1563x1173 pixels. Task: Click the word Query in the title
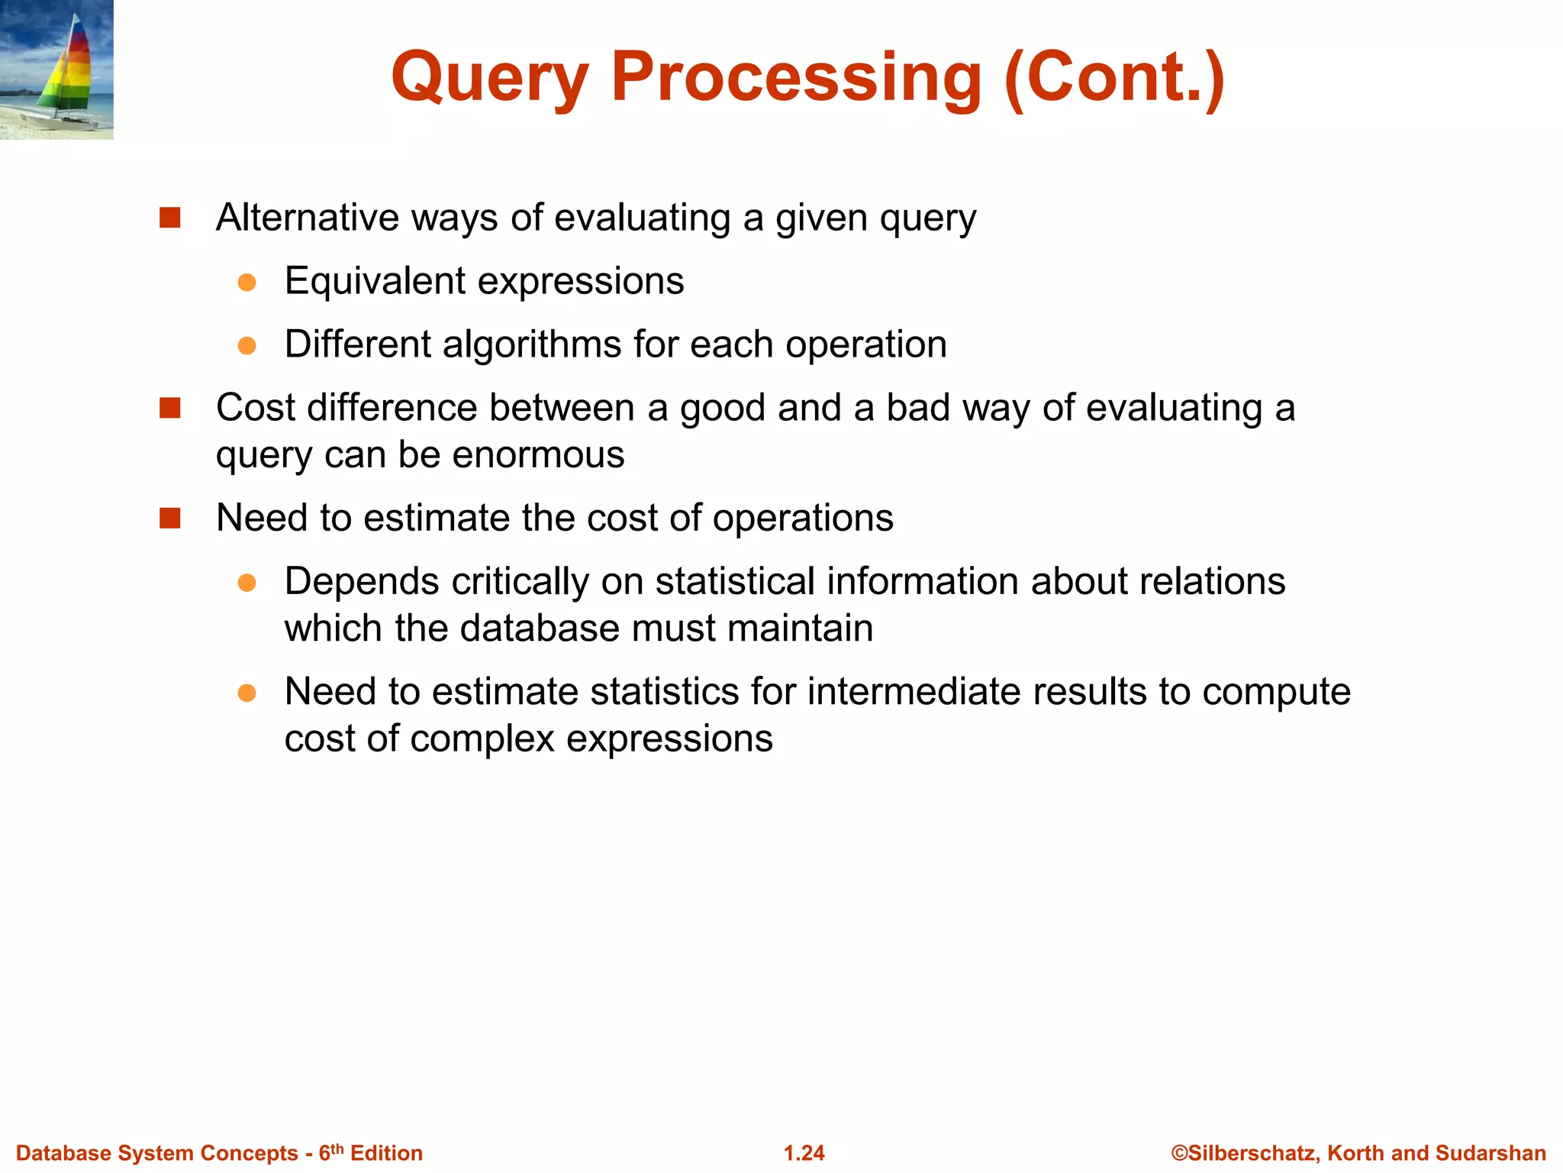click(x=489, y=78)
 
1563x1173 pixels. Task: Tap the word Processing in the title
click(x=796, y=78)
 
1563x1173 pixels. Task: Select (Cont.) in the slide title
click(x=1114, y=78)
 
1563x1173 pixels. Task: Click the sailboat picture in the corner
click(x=56, y=69)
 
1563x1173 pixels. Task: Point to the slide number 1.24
click(x=804, y=1153)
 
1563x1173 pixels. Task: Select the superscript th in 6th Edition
click(x=337, y=1148)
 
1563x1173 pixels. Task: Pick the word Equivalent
click(x=375, y=281)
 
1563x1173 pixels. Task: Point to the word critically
click(x=520, y=581)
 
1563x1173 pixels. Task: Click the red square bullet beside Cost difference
click(x=169, y=408)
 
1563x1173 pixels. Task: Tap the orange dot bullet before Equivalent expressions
click(x=247, y=283)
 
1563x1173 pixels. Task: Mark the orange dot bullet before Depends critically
click(x=247, y=583)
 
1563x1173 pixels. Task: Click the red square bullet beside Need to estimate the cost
click(x=169, y=519)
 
